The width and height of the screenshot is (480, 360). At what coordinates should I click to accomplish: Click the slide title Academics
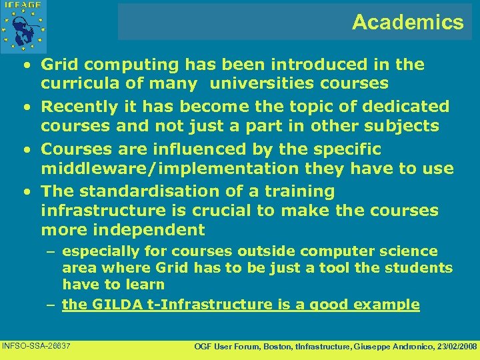[407, 23]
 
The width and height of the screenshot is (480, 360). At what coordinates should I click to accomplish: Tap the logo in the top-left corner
[25, 25]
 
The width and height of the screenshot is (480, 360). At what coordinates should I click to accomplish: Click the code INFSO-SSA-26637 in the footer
[37, 345]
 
